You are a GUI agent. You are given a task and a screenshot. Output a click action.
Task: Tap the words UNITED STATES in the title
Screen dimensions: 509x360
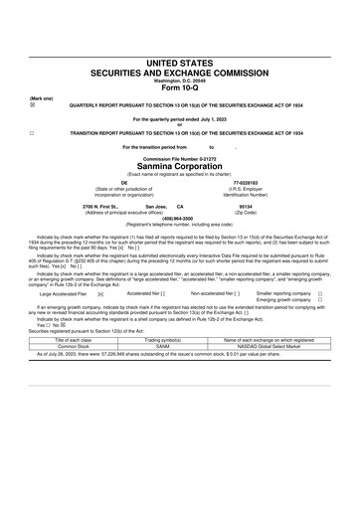click(x=179, y=62)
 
